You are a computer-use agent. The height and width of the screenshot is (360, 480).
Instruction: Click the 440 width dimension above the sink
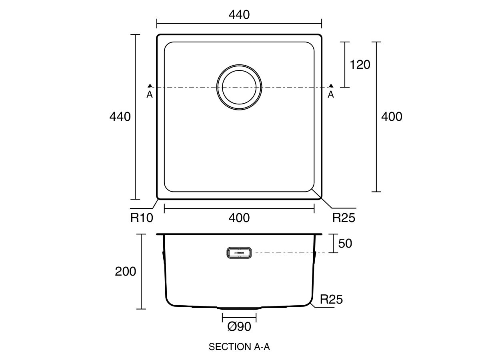(x=239, y=15)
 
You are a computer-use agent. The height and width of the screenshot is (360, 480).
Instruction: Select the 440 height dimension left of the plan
(x=120, y=117)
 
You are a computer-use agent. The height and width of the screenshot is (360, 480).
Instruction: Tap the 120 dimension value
(x=360, y=64)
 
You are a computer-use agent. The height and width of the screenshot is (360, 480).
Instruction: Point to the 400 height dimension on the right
(x=392, y=117)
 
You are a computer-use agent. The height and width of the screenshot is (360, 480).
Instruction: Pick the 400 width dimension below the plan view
(x=239, y=218)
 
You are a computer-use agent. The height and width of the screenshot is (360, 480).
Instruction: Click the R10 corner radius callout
(x=142, y=218)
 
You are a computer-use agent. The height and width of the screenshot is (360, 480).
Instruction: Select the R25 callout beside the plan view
(x=344, y=218)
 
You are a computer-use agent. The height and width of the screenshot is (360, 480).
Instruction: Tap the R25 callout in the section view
(x=332, y=299)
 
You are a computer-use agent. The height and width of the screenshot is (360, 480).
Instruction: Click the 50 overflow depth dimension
(x=345, y=243)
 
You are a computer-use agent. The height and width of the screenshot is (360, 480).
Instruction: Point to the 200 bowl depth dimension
(x=126, y=272)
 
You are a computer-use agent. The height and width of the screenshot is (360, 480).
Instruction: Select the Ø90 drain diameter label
(x=239, y=327)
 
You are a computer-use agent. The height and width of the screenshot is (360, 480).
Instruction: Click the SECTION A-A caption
(x=239, y=347)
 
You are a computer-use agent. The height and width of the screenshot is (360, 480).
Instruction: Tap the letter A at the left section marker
(x=150, y=94)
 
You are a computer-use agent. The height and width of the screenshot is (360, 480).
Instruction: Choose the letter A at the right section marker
(x=331, y=94)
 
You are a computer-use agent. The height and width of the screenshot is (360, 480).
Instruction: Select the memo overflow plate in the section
(x=239, y=253)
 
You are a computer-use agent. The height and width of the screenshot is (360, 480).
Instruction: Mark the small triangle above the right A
(x=331, y=86)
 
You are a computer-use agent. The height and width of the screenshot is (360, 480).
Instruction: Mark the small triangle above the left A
(x=150, y=86)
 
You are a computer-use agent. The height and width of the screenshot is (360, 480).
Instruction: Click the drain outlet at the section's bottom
(x=239, y=308)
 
